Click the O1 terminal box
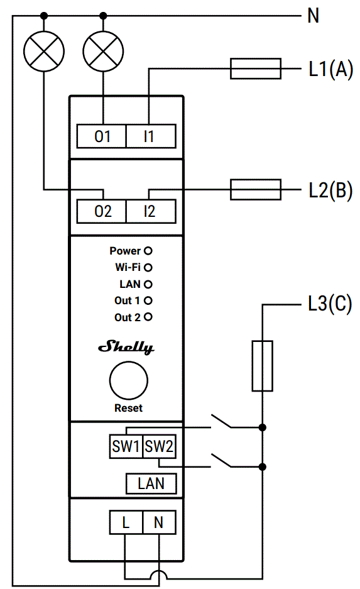102,136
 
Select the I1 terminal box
150,136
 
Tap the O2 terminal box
102,211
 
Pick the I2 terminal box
150,211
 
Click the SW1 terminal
126,447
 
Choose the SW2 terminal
159,447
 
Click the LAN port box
151,483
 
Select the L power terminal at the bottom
126,522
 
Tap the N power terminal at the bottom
159,522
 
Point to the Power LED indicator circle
149,251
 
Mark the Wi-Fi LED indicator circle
149,267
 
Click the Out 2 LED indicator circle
149,317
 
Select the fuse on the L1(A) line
255,69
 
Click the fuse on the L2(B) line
255,189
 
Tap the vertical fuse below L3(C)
262,366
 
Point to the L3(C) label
329,306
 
